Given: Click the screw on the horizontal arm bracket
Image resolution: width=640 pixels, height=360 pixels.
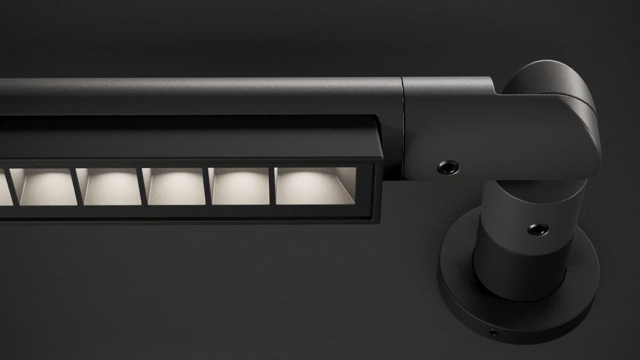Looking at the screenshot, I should [x=448, y=167].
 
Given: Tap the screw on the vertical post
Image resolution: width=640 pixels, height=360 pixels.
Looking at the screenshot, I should [x=538, y=229].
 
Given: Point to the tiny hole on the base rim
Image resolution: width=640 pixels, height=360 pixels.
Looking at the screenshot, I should [x=493, y=333].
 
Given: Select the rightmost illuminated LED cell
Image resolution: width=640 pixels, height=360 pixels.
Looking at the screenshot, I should [x=315, y=186].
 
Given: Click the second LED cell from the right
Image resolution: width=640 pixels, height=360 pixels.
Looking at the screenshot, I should [x=240, y=186].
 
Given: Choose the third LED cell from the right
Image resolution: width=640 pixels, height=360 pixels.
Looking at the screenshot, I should [x=175, y=186].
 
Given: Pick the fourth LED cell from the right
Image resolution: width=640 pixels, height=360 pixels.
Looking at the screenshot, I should [x=111, y=186].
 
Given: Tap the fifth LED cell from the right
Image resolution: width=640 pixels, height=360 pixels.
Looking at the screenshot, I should [x=48, y=186].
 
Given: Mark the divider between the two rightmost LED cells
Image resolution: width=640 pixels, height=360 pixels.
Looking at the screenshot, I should [x=272, y=186].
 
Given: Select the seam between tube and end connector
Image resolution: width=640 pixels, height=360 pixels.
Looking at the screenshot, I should [x=403, y=100].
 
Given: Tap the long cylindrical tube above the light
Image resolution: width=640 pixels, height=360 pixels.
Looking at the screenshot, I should [x=200, y=95].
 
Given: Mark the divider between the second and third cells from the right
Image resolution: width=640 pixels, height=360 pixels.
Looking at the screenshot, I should [x=207, y=186].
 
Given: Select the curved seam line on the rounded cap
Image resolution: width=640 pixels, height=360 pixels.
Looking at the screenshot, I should [x=575, y=97].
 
